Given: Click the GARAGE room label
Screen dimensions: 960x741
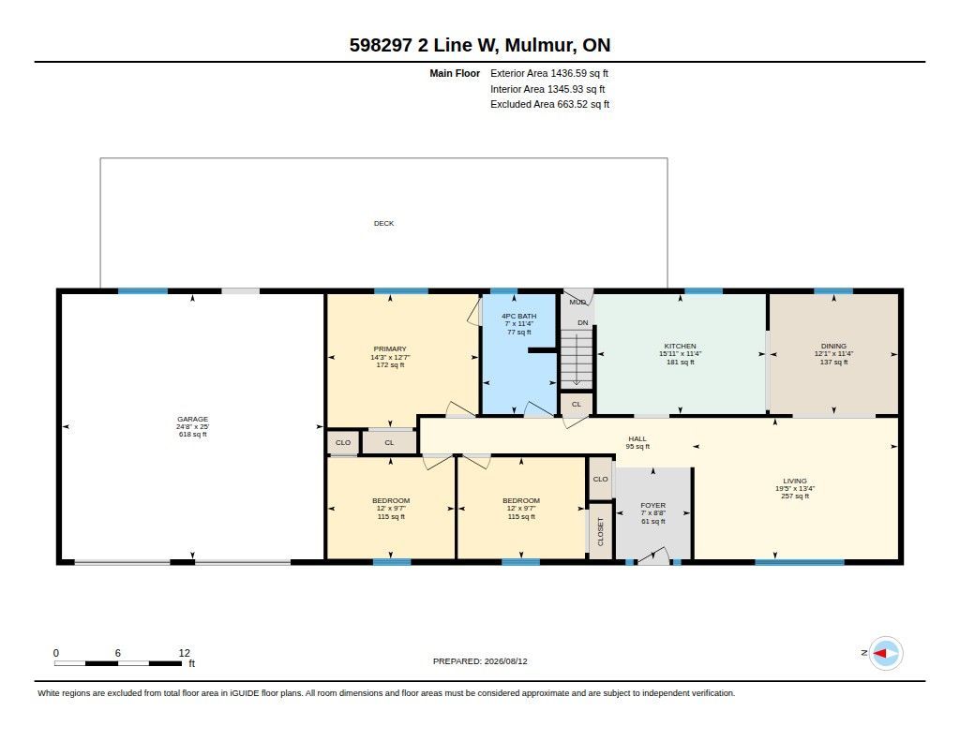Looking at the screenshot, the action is pos(193,419).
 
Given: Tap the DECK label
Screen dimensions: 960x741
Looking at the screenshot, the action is pos(383,223).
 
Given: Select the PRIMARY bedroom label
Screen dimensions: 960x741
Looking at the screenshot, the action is pos(390,348).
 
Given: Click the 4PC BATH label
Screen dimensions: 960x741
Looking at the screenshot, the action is pos(518,317).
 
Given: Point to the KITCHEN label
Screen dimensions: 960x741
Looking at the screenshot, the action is pos(681,346).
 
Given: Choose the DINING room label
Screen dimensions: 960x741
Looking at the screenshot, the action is pos(833,346).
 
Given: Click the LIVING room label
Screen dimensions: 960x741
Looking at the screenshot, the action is pos(795,481).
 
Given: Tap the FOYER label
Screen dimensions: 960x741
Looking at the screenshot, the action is pos(653,506).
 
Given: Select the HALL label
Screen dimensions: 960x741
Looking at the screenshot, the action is pos(637,438).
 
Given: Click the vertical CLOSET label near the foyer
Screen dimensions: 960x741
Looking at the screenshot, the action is pos(601,531).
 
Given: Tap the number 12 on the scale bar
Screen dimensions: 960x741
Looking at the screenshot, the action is pos(185,653).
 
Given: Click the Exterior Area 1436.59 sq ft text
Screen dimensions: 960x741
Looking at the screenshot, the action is pos(549,73).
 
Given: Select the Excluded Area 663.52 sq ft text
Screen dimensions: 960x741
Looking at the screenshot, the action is pos(549,105).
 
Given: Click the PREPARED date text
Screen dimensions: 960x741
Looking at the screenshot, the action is pos(480,661).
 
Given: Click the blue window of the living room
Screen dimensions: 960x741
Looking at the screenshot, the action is pos(799,562).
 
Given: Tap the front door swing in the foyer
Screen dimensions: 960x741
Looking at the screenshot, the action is pos(653,556).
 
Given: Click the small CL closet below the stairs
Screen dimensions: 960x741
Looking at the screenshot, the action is pos(577,404).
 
